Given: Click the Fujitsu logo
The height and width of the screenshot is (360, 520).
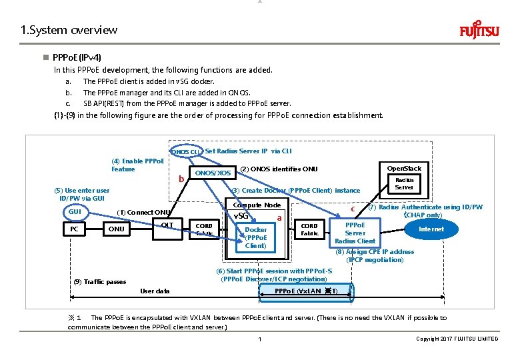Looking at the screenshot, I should (478, 31).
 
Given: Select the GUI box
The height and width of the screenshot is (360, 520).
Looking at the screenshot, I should (75, 211).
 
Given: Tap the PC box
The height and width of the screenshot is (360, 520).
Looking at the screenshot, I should (75, 229).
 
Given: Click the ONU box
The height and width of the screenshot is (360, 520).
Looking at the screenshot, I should (117, 229).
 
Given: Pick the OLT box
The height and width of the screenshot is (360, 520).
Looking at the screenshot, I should (167, 225).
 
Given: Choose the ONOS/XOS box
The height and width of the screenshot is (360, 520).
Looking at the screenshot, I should (212, 173).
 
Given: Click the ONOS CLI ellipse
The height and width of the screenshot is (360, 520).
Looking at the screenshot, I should (185, 151).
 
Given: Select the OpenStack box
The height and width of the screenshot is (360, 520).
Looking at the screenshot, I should (404, 168).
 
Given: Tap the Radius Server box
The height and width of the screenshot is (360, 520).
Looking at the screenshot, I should (404, 183).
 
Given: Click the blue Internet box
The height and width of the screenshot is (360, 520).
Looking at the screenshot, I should (431, 229).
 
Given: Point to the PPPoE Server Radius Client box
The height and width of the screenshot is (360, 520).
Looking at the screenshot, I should (355, 233).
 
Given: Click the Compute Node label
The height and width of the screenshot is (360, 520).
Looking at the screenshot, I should (257, 205).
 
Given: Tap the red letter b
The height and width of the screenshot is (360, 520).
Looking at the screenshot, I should (180, 179).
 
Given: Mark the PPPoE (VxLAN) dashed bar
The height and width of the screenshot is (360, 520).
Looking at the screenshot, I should (307, 291).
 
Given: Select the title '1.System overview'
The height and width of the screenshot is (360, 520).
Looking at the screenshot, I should (69, 30).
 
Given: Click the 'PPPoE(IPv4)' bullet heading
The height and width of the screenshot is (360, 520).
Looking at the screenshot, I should (77, 59).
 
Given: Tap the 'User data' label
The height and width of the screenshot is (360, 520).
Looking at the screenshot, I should (155, 291).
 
